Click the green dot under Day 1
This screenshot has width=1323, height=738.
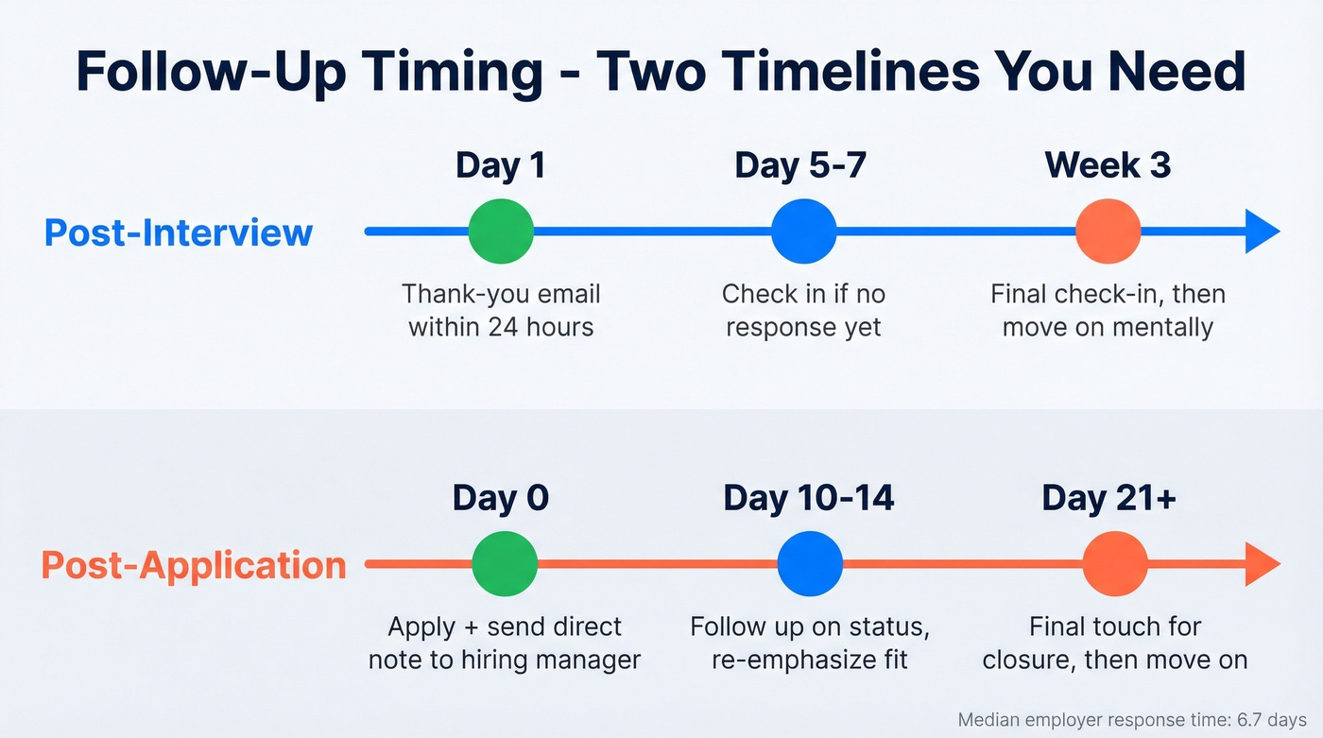(501, 232)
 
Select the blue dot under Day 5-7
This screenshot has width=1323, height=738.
(803, 232)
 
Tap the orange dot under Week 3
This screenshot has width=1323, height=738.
(1108, 232)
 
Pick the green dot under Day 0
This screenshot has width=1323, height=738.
(505, 564)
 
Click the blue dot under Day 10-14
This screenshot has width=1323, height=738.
(810, 564)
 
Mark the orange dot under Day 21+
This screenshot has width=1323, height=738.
(1115, 564)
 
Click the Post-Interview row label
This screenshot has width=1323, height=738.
(179, 232)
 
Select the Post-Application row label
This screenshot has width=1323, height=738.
(194, 565)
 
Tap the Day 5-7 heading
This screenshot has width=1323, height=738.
(800, 165)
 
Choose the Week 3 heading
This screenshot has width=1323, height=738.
(1108, 165)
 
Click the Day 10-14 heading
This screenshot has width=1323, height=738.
(809, 498)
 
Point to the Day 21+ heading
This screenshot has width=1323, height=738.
(1108, 498)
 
